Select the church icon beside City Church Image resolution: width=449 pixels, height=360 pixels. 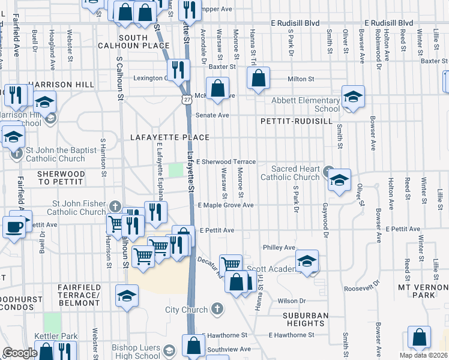(x=217, y=310)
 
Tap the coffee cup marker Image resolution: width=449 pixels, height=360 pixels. (x=14, y=227)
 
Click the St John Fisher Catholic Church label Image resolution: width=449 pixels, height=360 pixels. (x=76, y=208)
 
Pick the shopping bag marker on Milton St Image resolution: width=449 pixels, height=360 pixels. (x=258, y=78)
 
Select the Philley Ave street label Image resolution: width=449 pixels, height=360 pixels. (x=279, y=247)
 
